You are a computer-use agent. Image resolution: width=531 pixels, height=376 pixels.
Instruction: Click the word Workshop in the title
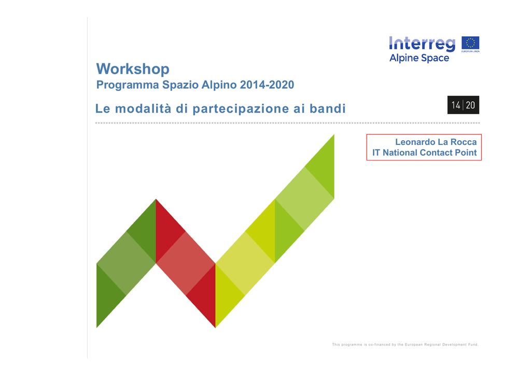pyautogui.click(x=133, y=69)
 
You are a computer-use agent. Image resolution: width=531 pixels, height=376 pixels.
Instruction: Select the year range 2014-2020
pyautogui.click(x=267, y=85)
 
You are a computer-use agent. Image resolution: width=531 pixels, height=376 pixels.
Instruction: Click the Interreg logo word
pyautogui.click(x=422, y=44)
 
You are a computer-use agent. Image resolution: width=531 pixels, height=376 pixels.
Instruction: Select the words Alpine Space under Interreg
pyautogui.click(x=419, y=58)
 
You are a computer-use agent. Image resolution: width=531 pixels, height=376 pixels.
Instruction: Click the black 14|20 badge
pyautogui.click(x=463, y=105)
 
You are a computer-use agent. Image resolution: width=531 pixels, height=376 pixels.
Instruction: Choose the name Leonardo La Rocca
pyautogui.click(x=436, y=142)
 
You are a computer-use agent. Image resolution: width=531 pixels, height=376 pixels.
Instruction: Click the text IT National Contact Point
pyautogui.click(x=424, y=153)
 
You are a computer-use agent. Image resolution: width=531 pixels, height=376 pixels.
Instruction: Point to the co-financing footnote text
pyautogui.click(x=405, y=344)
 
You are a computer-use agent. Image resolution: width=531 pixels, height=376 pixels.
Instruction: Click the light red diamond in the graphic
pyautogui.click(x=186, y=263)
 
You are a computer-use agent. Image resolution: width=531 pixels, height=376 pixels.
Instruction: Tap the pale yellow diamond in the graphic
pyautogui.click(x=245, y=263)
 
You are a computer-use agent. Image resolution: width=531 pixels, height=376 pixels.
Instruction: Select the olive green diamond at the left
pyautogui.click(x=126, y=263)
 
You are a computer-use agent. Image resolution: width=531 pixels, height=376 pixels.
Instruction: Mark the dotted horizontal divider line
pyautogui.click(x=287, y=123)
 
